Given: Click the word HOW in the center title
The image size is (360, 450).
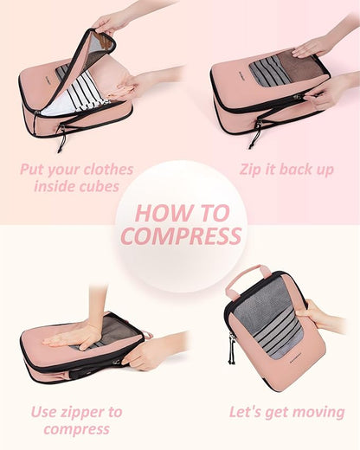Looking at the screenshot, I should [x=158, y=213].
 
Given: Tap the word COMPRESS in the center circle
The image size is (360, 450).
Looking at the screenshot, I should [x=180, y=235].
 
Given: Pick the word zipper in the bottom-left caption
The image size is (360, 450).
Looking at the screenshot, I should [x=94, y=412].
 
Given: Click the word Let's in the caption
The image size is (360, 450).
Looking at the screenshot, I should [x=248, y=412].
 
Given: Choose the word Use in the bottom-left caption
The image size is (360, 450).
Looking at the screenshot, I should [x=45, y=412].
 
